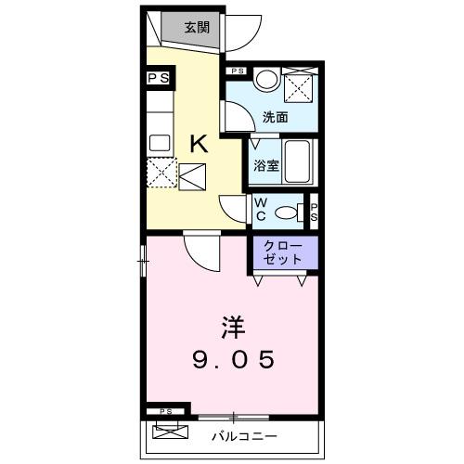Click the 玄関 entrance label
coord(195,27)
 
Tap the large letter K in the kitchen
coord(199,143)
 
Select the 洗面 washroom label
coord(275,118)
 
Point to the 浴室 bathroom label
coord(267,166)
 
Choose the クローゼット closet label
coord(283,251)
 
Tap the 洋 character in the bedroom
coord(232,327)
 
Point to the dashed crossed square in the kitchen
coord(163,173)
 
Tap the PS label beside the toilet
coord(315,212)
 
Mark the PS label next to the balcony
coord(166,410)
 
